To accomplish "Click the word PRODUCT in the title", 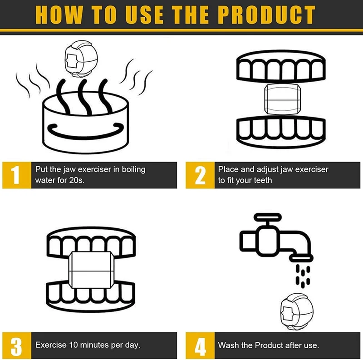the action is [266, 15].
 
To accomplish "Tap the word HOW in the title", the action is [59, 15].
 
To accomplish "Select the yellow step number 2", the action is [200, 175].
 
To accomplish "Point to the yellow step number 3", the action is [17, 345].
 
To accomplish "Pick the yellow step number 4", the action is [200, 345].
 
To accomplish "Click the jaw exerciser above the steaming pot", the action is [81, 59].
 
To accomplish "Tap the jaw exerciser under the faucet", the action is [297, 312].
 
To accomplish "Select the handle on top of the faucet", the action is [268, 217].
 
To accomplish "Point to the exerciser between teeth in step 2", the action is [282, 99].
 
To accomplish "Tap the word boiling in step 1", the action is [133, 170].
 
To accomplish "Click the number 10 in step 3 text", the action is [74, 345].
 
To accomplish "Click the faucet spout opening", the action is [301, 257].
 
